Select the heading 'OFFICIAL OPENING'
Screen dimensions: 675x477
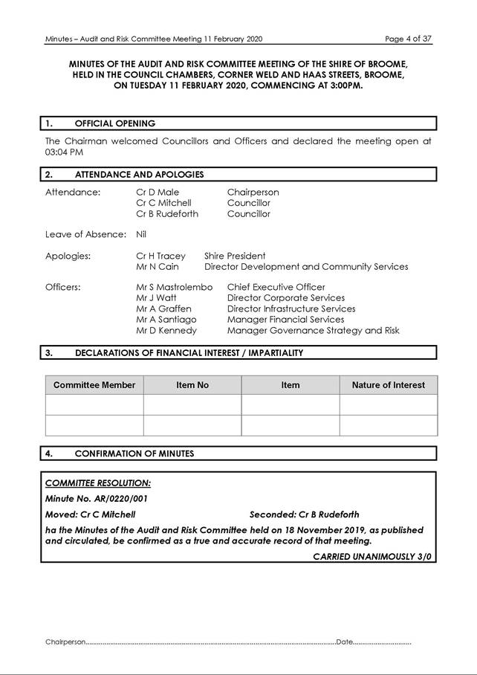tap(115, 123)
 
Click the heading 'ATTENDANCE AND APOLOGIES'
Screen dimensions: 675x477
tap(139, 175)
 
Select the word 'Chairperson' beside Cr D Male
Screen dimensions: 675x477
tap(253, 192)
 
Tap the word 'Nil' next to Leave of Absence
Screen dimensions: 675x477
tap(141, 234)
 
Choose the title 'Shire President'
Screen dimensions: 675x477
tap(235, 256)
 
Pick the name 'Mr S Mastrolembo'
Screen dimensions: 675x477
tap(174, 287)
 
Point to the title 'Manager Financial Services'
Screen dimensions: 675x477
tap(285, 320)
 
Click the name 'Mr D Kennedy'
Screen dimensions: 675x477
tap(166, 331)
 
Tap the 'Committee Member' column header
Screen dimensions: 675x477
tap(94, 385)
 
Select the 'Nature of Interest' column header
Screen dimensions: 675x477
tap(388, 385)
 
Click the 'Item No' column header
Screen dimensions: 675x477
tap(192, 385)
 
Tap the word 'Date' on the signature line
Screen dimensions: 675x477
tap(344, 642)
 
